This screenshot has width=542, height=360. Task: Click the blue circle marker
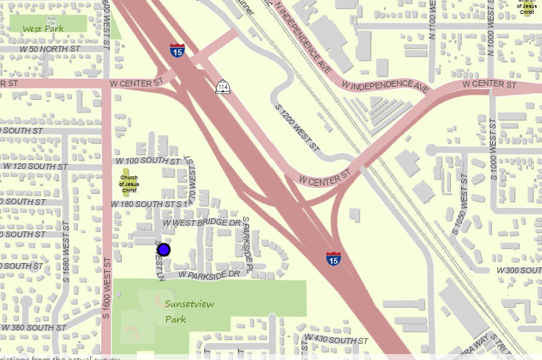coord(164,250)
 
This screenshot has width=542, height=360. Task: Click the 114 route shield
coord(222,88)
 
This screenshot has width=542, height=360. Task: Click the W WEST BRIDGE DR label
coord(201,222)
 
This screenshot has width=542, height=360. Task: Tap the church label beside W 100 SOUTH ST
coord(129,184)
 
